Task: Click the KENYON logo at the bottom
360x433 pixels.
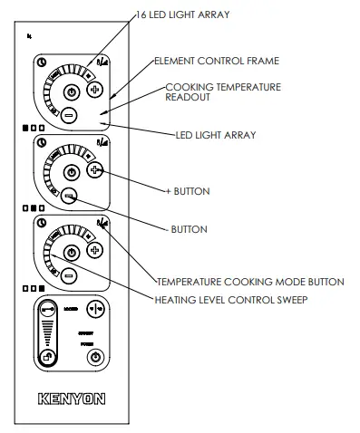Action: (73, 397)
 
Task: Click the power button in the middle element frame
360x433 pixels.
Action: (73, 170)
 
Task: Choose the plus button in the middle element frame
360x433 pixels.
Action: (95, 169)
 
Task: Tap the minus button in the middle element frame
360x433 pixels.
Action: (69, 194)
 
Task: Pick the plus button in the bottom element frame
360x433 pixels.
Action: (95, 248)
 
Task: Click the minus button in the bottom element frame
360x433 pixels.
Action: (69, 273)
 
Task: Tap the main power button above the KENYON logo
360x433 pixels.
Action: (94, 360)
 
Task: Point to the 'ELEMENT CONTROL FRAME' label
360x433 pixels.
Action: (216, 61)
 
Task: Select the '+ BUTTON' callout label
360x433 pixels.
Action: (189, 191)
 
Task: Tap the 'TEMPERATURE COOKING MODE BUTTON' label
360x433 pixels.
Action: (249, 282)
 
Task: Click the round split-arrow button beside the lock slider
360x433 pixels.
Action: (94, 309)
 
